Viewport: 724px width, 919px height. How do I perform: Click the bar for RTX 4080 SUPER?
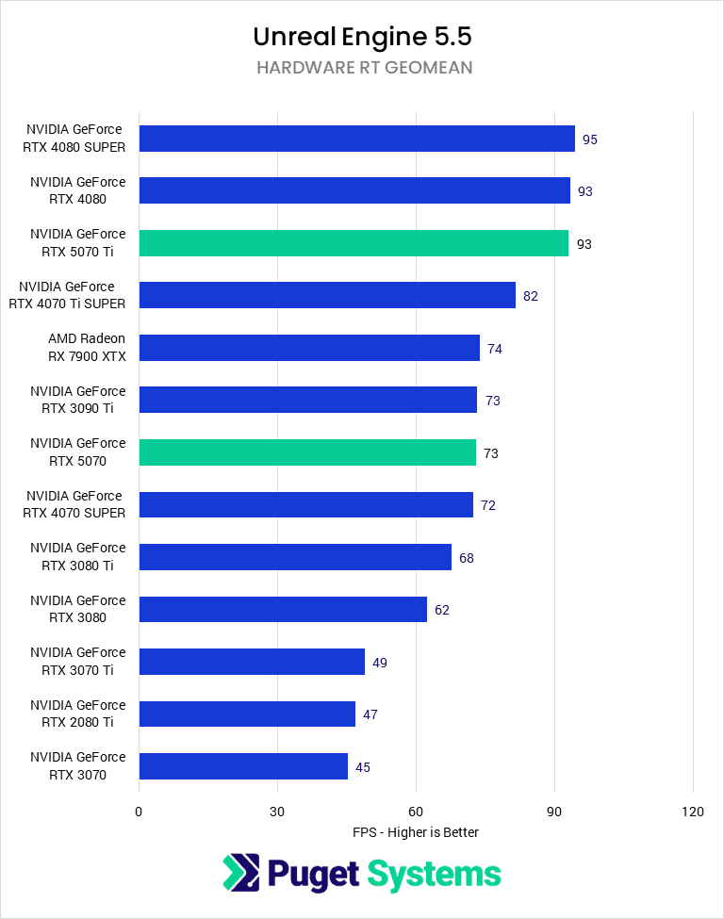[x=356, y=139]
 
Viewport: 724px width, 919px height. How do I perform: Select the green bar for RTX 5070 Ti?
[x=354, y=243]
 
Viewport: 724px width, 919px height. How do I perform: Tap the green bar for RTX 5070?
[x=307, y=452]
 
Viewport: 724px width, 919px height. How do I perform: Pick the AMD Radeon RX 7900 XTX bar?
[x=309, y=348]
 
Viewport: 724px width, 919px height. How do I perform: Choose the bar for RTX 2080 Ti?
[x=247, y=714]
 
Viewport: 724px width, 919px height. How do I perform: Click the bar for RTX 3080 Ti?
[x=295, y=557]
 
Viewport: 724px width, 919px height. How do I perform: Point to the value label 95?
[x=590, y=139]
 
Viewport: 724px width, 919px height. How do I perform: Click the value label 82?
[x=531, y=296]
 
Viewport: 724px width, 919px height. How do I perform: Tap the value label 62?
[x=442, y=610]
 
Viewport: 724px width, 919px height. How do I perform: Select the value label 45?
[x=363, y=767]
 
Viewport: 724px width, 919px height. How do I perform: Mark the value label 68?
[x=467, y=558]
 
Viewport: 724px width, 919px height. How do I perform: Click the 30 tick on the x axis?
[x=277, y=812]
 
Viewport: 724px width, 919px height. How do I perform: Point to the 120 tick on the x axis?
[x=693, y=812]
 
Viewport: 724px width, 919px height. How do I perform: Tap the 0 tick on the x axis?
[x=139, y=812]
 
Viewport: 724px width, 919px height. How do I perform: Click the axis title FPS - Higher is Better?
[x=416, y=832]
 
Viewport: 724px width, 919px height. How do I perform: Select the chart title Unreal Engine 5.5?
[x=362, y=37]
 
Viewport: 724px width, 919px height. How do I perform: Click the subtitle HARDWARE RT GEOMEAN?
[x=362, y=68]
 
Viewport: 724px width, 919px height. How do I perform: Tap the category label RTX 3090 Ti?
[x=77, y=400]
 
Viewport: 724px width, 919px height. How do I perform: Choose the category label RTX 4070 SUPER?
[x=75, y=504]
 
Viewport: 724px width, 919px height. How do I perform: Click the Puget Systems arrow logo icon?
[x=241, y=873]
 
